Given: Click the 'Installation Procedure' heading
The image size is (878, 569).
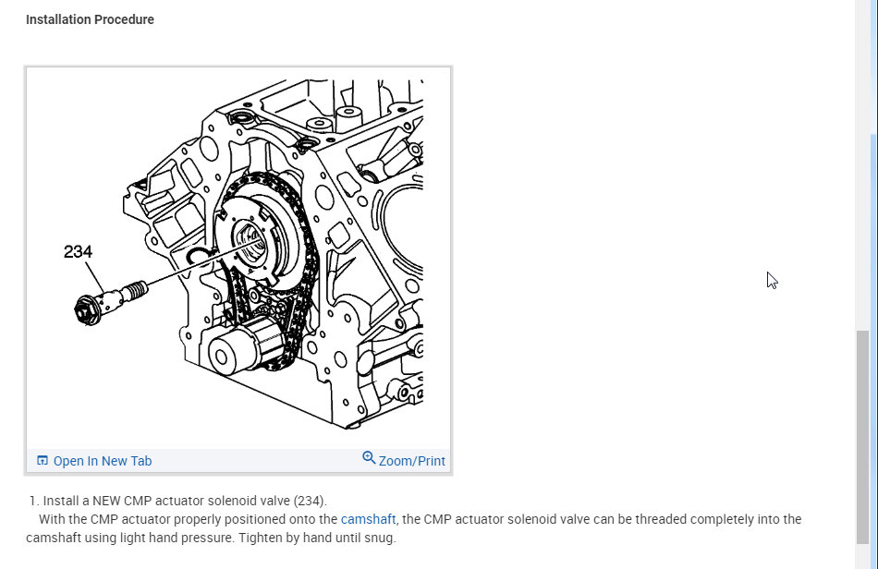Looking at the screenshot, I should (x=90, y=19).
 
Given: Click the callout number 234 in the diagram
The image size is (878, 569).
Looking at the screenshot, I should (x=78, y=251).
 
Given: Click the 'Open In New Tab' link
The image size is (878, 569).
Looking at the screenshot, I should (x=102, y=461).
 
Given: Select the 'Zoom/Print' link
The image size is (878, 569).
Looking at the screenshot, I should (x=411, y=460).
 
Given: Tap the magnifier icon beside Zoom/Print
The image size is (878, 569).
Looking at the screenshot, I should (x=369, y=458).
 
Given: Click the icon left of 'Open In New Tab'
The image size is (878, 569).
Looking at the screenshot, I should (x=42, y=461).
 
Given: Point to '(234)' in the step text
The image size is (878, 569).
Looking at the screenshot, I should (x=310, y=501).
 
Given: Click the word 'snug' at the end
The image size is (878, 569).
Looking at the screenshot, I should (x=379, y=538).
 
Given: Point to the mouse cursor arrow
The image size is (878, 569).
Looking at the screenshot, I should (x=772, y=279).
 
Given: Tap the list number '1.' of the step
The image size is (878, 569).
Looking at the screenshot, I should (x=34, y=501).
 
